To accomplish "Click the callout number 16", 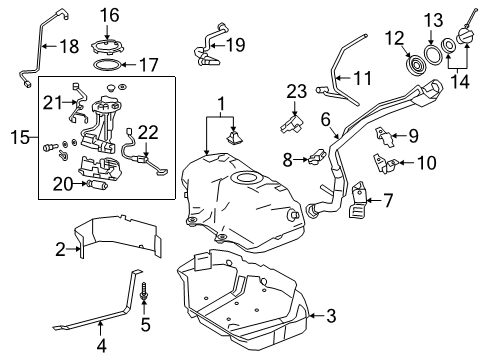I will pos(109,14).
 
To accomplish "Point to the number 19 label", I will pos(236,44).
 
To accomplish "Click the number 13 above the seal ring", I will pos(433,21).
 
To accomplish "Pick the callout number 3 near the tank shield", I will pos(330,316).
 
